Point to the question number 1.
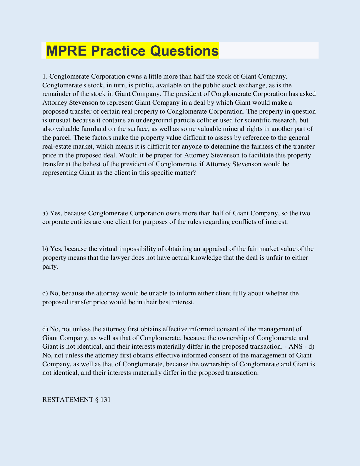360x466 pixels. tap(44, 76)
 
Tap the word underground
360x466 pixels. tap(152, 120)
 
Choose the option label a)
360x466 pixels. tap(45, 213)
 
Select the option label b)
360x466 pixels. tap(45, 249)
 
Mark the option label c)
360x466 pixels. tap(45, 293)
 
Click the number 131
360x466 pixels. tap(105, 400)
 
